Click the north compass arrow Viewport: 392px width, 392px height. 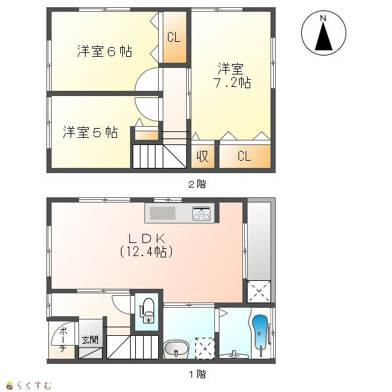click(x=323, y=37)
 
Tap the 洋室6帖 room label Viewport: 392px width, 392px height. click(x=105, y=51)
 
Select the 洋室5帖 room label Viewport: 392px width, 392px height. click(x=90, y=132)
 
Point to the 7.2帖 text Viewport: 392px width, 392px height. click(x=233, y=82)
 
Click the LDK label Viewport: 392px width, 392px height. click(x=147, y=238)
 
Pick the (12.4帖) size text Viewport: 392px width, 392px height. click(x=146, y=252)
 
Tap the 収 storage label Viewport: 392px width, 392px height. click(x=203, y=157)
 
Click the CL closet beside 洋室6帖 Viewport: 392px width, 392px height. click(x=174, y=37)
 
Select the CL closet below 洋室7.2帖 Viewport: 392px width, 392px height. click(x=244, y=156)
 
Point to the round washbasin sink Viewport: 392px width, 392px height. click(x=176, y=350)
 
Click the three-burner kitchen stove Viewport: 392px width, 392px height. click(x=201, y=214)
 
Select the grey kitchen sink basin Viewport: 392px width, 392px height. click(x=163, y=213)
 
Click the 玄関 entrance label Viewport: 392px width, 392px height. click(x=90, y=340)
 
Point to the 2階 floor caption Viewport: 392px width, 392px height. click(x=197, y=184)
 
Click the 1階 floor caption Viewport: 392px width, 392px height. click(x=197, y=374)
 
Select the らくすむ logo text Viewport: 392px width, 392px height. click(x=34, y=385)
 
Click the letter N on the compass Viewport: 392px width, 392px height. click(x=323, y=18)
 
